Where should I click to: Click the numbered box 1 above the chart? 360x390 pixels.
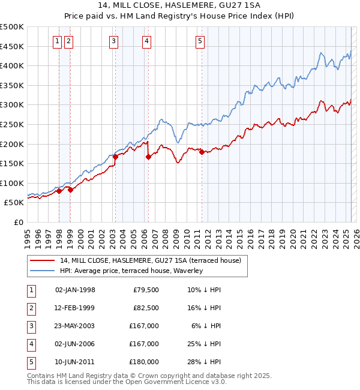click(x=57, y=41)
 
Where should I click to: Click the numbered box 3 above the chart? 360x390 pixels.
click(x=113, y=41)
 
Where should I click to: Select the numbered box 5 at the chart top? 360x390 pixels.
click(x=200, y=41)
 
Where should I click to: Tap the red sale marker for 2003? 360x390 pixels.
click(x=116, y=157)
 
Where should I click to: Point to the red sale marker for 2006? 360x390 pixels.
click(x=148, y=157)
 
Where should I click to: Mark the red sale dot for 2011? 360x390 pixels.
click(x=202, y=152)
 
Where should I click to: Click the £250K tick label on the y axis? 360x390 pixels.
click(x=12, y=124)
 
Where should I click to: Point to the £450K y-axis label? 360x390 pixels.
click(x=12, y=46)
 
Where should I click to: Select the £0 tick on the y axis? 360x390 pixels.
click(x=18, y=222)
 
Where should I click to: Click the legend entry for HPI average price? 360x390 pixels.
click(x=131, y=271)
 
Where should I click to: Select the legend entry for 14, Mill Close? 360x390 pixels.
click(x=150, y=260)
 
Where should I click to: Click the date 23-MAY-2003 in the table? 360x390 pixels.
click(x=75, y=326)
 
